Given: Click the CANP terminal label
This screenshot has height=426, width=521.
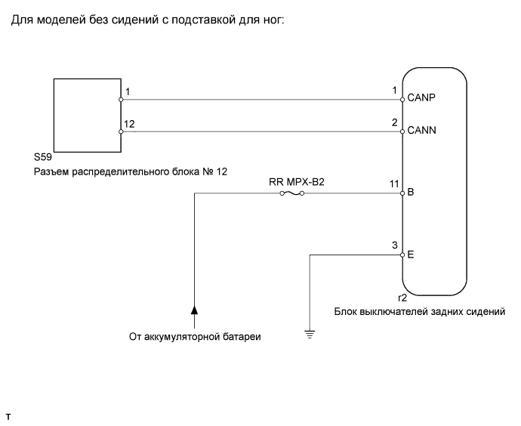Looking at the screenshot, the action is (421, 97).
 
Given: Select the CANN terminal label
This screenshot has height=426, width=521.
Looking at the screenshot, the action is (421, 130).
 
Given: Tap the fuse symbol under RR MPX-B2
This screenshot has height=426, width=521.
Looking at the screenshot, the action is (292, 193).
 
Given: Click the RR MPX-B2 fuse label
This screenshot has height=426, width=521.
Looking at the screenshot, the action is (297, 182).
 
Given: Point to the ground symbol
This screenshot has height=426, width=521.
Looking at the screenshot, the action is (310, 334).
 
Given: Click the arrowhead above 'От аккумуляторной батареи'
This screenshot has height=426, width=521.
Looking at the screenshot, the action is (194, 310).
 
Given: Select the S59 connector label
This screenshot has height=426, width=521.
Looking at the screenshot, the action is (43, 157).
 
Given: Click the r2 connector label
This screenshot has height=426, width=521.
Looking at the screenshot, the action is (402, 298).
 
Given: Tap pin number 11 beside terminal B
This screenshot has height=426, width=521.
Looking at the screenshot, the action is (394, 184).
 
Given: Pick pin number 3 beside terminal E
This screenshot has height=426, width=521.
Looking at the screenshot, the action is (394, 245).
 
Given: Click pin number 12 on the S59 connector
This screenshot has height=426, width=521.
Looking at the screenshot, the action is (129, 124).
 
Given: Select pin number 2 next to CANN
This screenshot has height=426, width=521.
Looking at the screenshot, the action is (394, 122).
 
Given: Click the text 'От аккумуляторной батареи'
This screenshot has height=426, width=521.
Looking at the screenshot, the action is (195, 337).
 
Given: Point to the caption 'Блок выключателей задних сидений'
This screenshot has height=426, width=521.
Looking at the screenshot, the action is (420, 312).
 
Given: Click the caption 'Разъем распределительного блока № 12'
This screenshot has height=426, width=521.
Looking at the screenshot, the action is (131, 171).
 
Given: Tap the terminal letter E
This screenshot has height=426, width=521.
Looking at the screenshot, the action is (411, 255).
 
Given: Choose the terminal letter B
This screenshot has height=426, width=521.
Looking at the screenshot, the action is (411, 193).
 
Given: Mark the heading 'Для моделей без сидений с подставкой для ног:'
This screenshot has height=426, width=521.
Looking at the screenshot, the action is (148, 20).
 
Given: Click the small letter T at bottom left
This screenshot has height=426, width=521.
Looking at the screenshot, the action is (8, 417).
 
